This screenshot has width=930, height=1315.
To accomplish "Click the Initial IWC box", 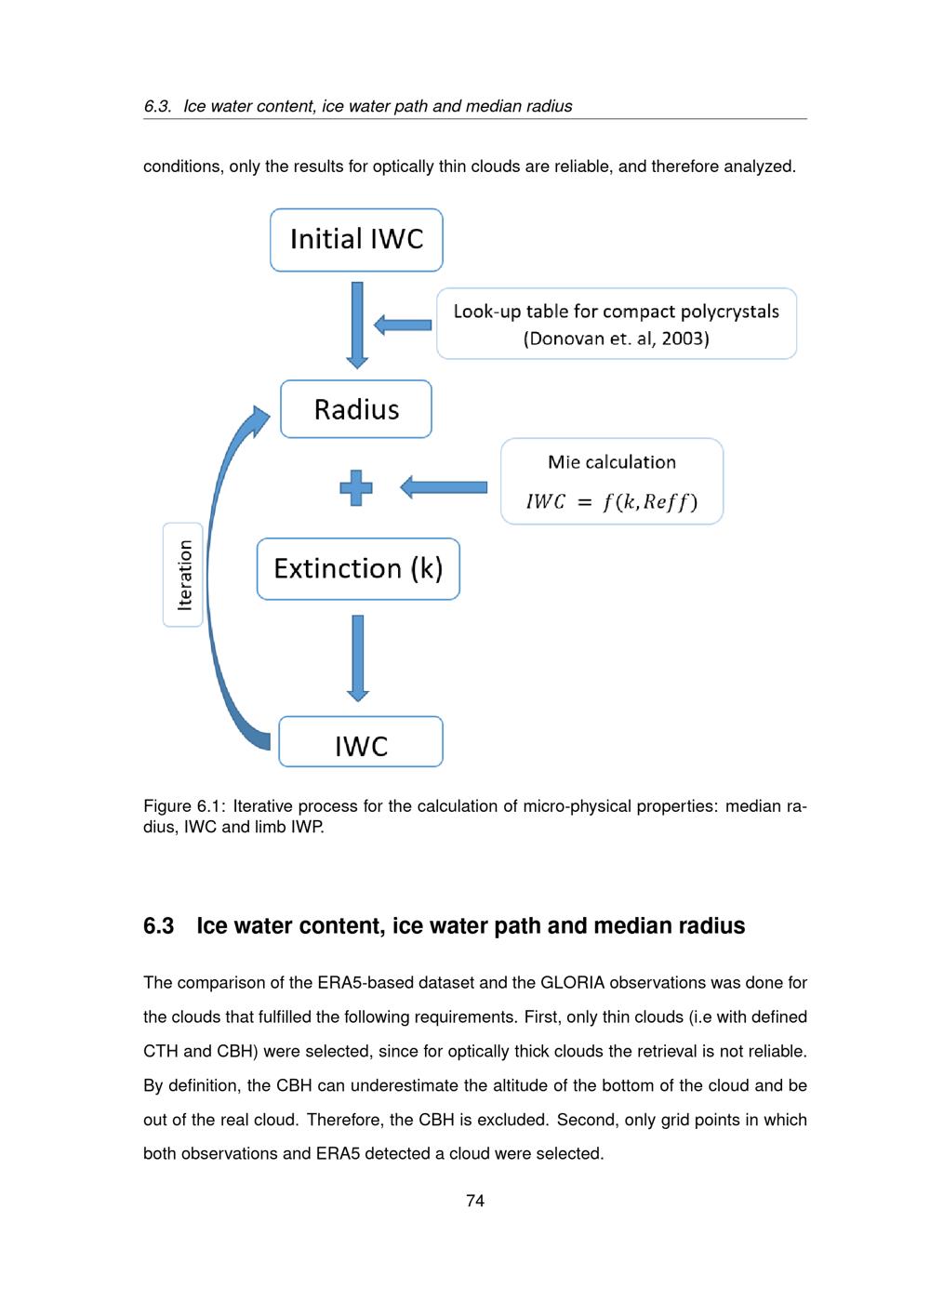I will tap(356, 240).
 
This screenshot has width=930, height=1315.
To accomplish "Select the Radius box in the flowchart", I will tap(356, 409).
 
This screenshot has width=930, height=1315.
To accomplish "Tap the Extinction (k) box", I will tap(358, 568).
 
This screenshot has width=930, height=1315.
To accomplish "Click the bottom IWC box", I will tap(361, 742).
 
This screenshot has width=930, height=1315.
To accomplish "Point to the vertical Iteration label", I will tap(183, 575).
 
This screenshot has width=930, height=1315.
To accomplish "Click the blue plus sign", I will tap(356, 487).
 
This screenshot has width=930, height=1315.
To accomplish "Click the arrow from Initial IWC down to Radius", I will tap(357, 325).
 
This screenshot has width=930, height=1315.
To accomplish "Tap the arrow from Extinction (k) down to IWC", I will tap(358, 657).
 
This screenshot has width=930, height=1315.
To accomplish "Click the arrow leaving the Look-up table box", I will tap(403, 325).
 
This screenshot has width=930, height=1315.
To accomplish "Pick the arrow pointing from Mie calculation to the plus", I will tap(444, 487).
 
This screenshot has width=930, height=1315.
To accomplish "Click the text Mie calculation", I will tap(612, 462).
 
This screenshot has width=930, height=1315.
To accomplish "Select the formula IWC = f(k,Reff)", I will tap(611, 502).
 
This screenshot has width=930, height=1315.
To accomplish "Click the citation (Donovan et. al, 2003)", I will tap(616, 339).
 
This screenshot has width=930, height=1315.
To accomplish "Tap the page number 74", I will tap(475, 1201).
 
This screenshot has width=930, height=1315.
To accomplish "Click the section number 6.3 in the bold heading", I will tap(158, 925).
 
